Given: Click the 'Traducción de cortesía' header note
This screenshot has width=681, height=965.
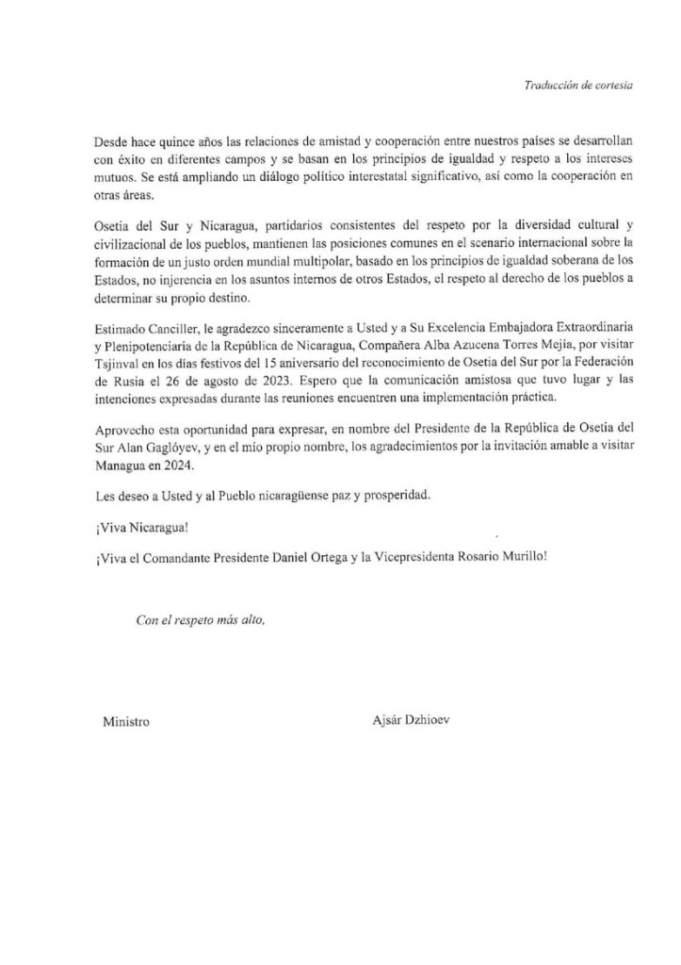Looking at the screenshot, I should tap(578, 85).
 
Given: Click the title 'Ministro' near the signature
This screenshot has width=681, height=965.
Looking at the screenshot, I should tap(125, 722).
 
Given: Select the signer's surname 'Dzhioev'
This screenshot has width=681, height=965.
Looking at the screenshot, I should tap(434, 722).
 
